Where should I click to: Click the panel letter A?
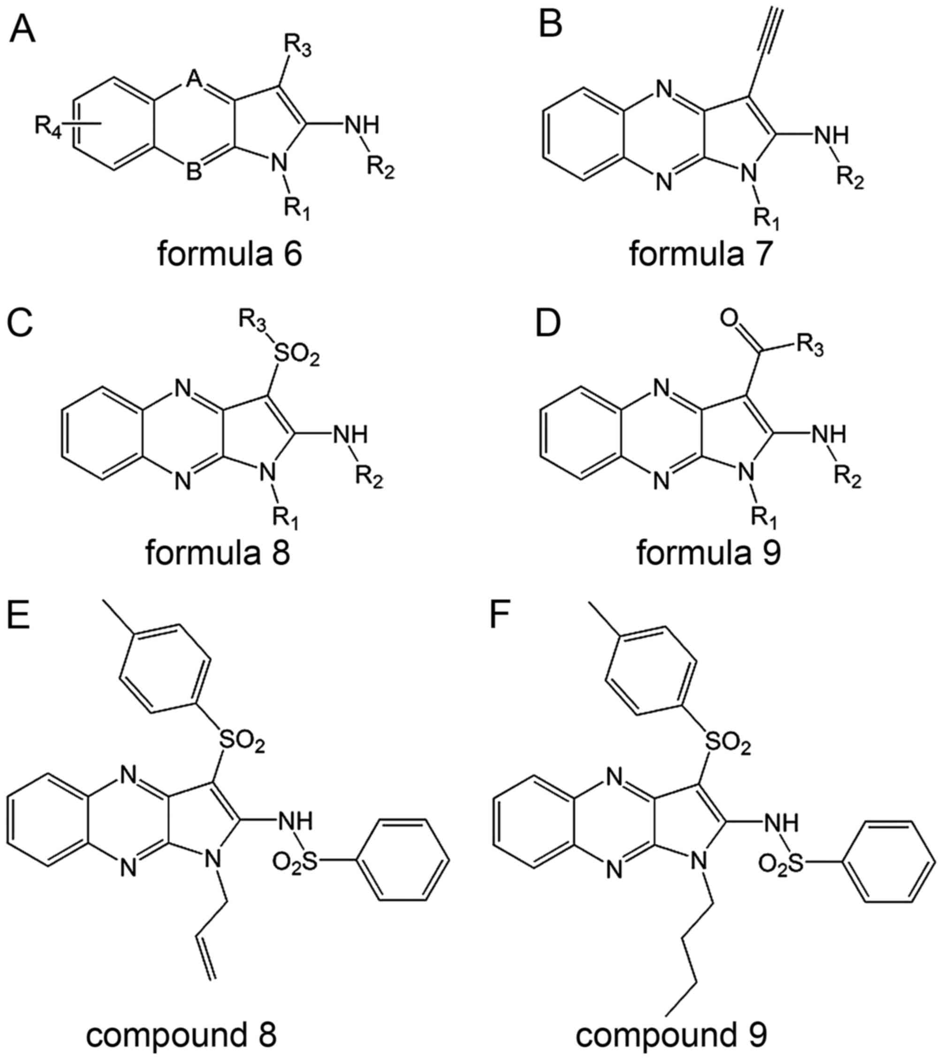pos(23,30)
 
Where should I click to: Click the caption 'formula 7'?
pos(701,254)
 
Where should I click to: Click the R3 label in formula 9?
pos(809,346)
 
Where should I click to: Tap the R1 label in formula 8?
pos(286,518)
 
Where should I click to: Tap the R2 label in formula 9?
pos(848,479)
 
